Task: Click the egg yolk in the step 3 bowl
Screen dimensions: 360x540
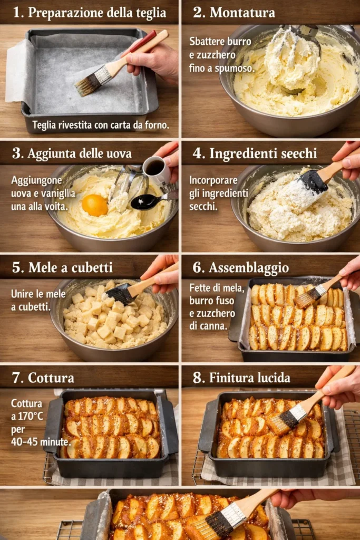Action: (x=95, y=205)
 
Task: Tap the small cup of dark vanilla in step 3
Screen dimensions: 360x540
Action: (x=155, y=169)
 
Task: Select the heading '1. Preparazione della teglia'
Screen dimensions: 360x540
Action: (x=90, y=13)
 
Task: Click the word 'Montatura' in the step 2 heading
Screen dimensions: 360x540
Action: (x=242, y=13)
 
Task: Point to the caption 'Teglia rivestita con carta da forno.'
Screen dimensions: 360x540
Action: (x=101, y=125)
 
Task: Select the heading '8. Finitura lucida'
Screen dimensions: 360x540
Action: (x=241, y=378)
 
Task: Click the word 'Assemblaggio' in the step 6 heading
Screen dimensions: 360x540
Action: (x=248, y=268)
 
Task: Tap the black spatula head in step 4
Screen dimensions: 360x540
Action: (x=313, y=181)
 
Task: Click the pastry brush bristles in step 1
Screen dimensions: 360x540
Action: (x=87, y=84)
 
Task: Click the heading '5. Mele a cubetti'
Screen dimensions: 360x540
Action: (x=62, y=267)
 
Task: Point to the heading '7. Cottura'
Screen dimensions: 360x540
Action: (x=43, y=378)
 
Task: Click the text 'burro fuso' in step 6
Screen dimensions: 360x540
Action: (x=212, y=301)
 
